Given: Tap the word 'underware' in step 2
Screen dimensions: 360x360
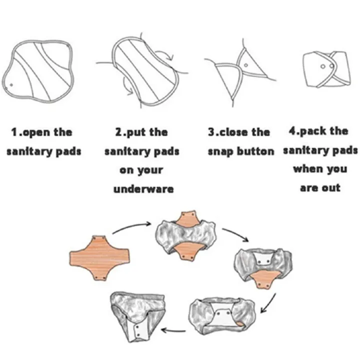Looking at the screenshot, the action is (143, 189).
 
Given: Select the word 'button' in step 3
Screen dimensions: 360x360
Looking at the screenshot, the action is (255, 151).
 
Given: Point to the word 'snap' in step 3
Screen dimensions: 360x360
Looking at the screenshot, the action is (220, 152).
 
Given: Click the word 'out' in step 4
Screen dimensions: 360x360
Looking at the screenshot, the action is (331, 188).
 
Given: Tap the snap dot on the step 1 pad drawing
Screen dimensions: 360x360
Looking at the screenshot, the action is (11, 85).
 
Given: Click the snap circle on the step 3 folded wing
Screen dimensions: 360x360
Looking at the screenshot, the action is (246, 65).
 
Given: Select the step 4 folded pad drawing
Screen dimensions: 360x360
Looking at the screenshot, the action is (327, 69).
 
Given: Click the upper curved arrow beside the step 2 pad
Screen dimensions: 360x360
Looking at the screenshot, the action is (166, 54).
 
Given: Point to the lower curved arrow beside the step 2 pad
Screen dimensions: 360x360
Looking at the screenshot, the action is (126, 87).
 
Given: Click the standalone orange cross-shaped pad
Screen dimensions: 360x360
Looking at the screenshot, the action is (99, 258).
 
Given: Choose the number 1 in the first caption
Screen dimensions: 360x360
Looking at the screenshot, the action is (14, 132).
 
